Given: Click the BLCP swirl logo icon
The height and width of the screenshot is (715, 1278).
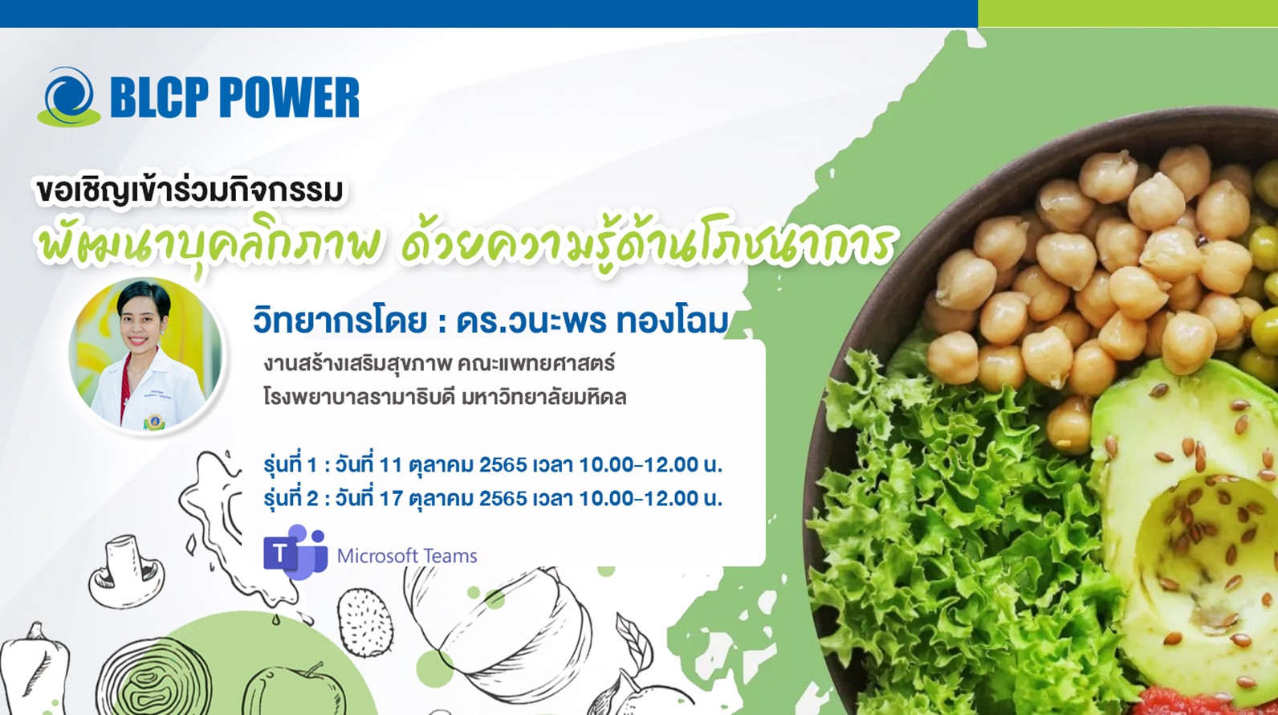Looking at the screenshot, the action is click(x=69, y=97).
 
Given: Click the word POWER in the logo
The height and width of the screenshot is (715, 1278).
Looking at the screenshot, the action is click(x=289, y=98).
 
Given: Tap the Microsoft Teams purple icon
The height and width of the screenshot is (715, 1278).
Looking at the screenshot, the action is click(x=295, y=551).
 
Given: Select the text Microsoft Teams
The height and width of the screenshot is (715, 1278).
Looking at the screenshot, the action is click(x=407, y=556).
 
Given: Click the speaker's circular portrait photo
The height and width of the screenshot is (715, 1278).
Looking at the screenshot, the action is click(x=145, y=354).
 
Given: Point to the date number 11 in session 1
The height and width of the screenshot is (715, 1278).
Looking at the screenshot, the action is click(x=391, y=465).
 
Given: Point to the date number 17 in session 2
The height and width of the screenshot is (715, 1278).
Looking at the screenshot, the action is click(x=391, y=499).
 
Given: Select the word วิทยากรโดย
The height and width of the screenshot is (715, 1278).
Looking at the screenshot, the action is click(x=340, y=322).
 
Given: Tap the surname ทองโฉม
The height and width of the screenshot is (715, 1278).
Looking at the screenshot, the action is click(x=672, y=322).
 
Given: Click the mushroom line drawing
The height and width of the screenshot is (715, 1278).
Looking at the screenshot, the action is click(x=126, y=571).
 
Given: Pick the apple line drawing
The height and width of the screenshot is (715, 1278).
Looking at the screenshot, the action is click(x=293, y=690).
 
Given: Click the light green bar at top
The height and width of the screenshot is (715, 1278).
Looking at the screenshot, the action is click(x=1128, y=14).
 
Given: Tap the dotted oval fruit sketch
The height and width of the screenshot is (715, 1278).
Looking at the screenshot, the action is click(x=365, y=623).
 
